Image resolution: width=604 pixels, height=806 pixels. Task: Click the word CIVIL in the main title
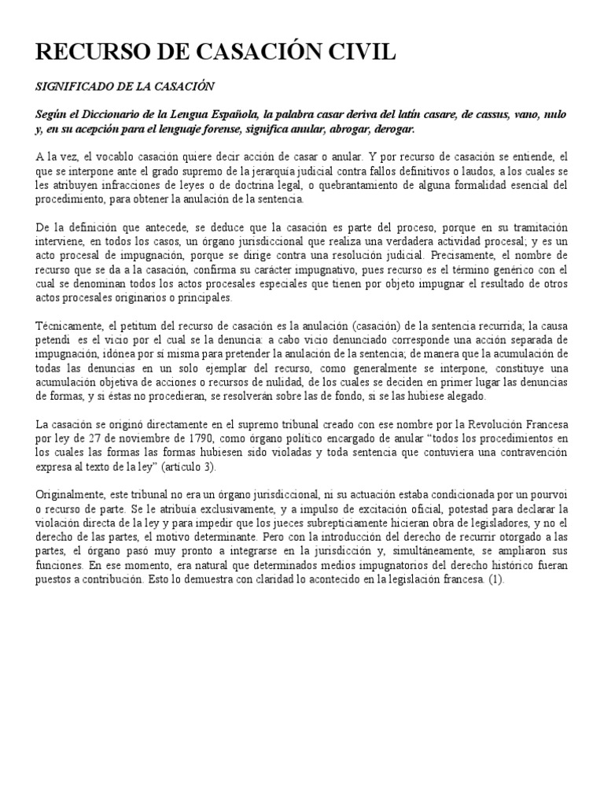(x=352, y=54)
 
